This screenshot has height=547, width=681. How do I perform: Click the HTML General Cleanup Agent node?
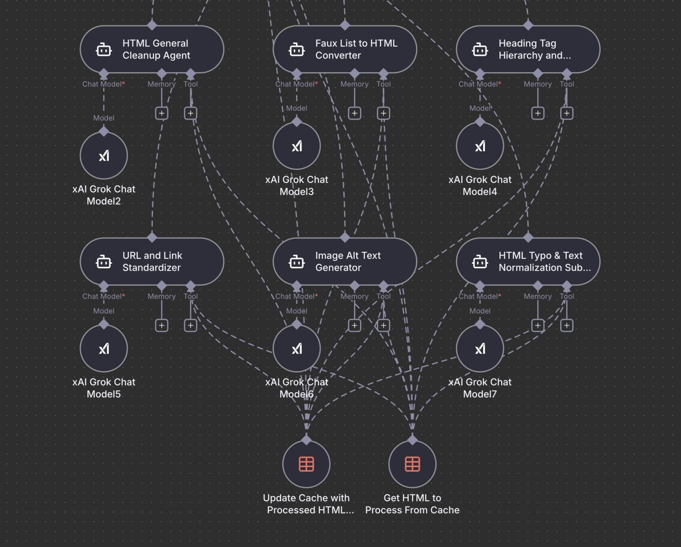pos(152,49)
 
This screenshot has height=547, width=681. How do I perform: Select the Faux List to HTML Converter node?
pos(345,49)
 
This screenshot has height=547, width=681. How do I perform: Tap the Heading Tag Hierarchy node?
pos(528,49)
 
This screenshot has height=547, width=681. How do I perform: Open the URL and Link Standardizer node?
pos(152,261)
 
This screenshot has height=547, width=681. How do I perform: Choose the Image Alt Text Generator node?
pos(345,261)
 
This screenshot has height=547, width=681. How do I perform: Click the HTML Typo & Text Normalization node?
pos(528,261)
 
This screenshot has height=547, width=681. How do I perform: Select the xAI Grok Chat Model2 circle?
pos(104,156)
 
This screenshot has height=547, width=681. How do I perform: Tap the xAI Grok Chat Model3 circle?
pos(297,146)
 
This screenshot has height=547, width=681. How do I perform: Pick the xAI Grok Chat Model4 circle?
pos(480,146)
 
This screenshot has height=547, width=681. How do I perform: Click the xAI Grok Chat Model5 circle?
pos(104,349)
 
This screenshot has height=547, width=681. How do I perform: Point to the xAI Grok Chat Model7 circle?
pos(480,349)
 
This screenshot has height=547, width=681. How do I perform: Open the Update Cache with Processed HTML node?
pos(306,464)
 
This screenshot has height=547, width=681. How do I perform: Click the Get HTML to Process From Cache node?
pos(412,464)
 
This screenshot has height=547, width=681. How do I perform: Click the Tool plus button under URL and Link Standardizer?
pos(191,325)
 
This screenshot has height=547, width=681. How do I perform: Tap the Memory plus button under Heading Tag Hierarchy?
pos(538,113)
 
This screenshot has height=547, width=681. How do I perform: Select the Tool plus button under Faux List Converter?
pos(384,113)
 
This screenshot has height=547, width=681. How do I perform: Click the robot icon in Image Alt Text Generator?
pos(297,262)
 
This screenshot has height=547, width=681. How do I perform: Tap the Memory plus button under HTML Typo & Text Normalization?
pos(538,325)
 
